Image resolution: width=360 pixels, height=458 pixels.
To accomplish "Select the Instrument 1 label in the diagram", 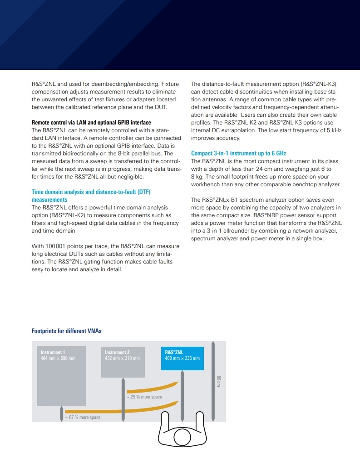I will click(x=53, y=352).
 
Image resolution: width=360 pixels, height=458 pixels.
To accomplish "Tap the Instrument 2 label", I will click(x=117, y=352).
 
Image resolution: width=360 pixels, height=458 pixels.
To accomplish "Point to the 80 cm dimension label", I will click(x=218, y=382).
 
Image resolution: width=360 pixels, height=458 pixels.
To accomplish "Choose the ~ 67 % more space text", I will click(x=83, y=417).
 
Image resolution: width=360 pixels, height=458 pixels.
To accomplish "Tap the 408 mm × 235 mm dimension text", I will click(x=182, y=358).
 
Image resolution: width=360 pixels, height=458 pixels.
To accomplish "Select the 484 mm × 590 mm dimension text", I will click(x=58, y=358).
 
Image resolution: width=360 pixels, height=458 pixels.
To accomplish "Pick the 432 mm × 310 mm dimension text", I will click(x=122, y=358).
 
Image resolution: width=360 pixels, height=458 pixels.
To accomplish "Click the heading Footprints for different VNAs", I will click(x=66, y=331).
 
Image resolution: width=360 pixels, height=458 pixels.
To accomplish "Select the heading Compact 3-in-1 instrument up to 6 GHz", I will click(x=238, y=154).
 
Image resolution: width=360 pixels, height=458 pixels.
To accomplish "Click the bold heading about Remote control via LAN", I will click(x=91, y=123).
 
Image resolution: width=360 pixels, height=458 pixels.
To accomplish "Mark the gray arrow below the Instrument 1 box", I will click(x=62, y=414).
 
